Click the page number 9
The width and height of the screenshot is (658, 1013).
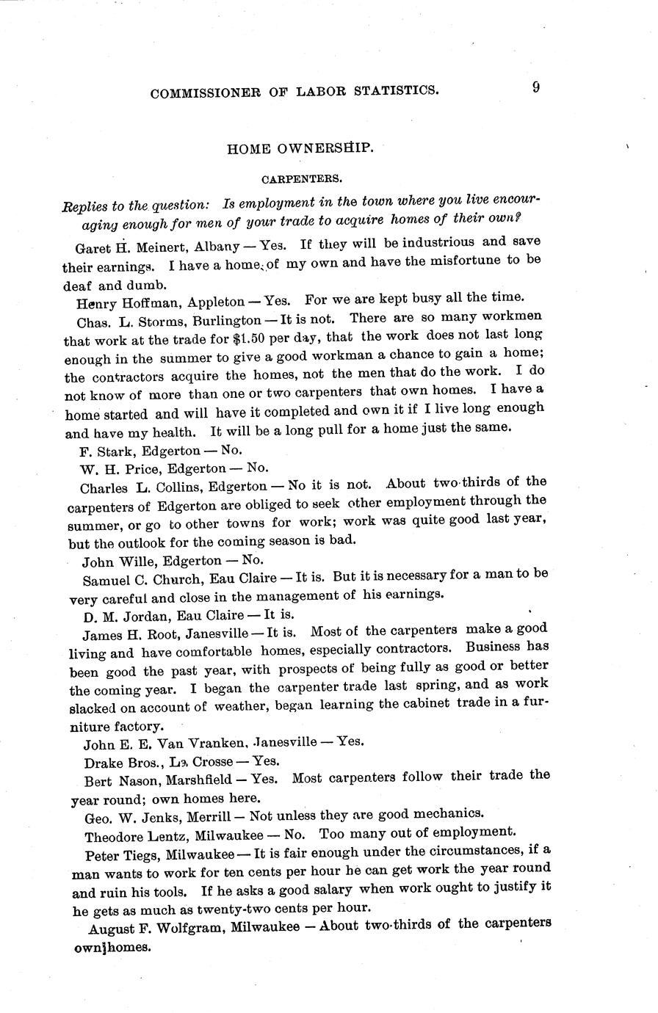click(x=537, y=87)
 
